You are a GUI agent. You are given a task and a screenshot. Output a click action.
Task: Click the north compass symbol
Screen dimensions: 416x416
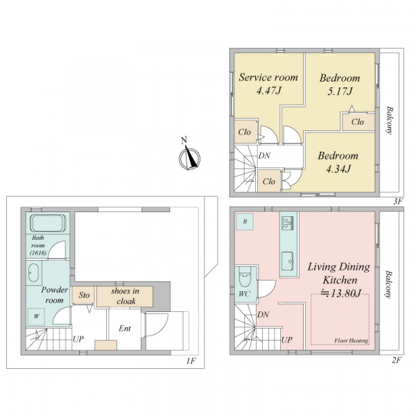point(189,159)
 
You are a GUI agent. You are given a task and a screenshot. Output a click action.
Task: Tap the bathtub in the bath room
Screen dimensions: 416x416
point(48,223)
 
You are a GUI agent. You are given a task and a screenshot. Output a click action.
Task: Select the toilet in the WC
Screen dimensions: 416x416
point(245,277)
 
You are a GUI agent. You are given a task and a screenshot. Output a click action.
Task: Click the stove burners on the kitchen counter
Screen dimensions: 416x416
point(288,223)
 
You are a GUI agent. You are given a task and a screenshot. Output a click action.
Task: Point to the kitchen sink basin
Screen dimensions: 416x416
point(287,261)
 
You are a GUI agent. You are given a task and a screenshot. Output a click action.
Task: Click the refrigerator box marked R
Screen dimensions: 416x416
point(245,221)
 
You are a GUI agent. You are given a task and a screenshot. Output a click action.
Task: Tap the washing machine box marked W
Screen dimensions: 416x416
point(36,317)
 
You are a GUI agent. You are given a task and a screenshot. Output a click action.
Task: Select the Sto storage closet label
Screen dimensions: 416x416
point(84,295)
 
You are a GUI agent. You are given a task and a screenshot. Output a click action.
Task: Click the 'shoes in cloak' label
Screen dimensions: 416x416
point(125,296)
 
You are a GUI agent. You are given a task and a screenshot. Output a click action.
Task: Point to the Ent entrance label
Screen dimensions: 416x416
point(125,329)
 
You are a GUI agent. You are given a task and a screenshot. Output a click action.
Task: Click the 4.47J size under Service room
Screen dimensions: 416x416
point(268,91)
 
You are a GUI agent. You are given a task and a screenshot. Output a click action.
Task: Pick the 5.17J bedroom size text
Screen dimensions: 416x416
point(340,92)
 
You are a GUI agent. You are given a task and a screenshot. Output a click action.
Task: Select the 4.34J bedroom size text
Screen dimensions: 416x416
point(338,168)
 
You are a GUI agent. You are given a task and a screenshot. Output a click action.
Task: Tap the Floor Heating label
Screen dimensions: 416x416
point(352,340)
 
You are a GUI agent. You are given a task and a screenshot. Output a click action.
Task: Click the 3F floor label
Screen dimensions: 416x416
point(398,202)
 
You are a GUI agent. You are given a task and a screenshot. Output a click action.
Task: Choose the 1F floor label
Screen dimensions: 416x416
point(191,361)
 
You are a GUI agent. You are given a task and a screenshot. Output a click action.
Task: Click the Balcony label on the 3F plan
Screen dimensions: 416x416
point(390,121)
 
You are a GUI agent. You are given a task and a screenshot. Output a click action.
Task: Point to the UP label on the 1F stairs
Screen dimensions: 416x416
point(78,339)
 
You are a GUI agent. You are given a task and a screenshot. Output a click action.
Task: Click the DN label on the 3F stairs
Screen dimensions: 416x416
point(265,155)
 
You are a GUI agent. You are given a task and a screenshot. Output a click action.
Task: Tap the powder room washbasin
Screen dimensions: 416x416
point(33,273)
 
